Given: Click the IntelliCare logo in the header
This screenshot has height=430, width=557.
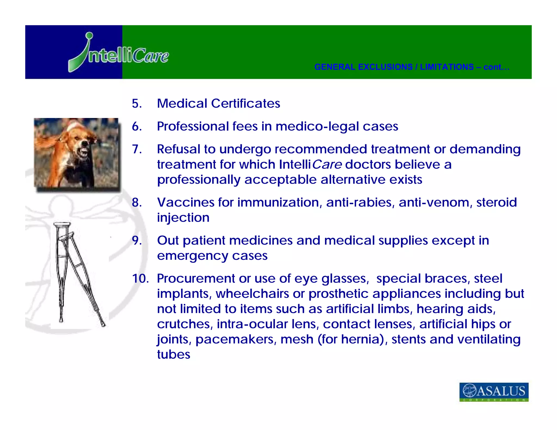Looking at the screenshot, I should coord(119,53).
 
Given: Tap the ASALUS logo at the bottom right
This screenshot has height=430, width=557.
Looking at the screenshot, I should coord(494,392).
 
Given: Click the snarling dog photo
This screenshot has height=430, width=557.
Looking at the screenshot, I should coord(76,153).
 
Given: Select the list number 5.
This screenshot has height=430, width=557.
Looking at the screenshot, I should coord(137,104).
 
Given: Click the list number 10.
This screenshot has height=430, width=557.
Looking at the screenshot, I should coord(140,279).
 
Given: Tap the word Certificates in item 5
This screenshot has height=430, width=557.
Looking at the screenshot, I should coord(246,104).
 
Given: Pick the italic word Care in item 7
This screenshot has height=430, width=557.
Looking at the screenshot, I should coord(327,164).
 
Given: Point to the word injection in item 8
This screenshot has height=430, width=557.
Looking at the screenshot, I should coord(183,218).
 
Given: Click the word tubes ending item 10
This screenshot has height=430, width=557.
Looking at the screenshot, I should coord(174,354).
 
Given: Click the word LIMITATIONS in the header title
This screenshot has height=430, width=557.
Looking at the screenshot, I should coord(447,67).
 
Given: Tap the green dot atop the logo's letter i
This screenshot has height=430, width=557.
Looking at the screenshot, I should coord(89,36).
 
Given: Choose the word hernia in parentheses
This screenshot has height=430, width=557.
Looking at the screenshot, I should coord(362,339).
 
